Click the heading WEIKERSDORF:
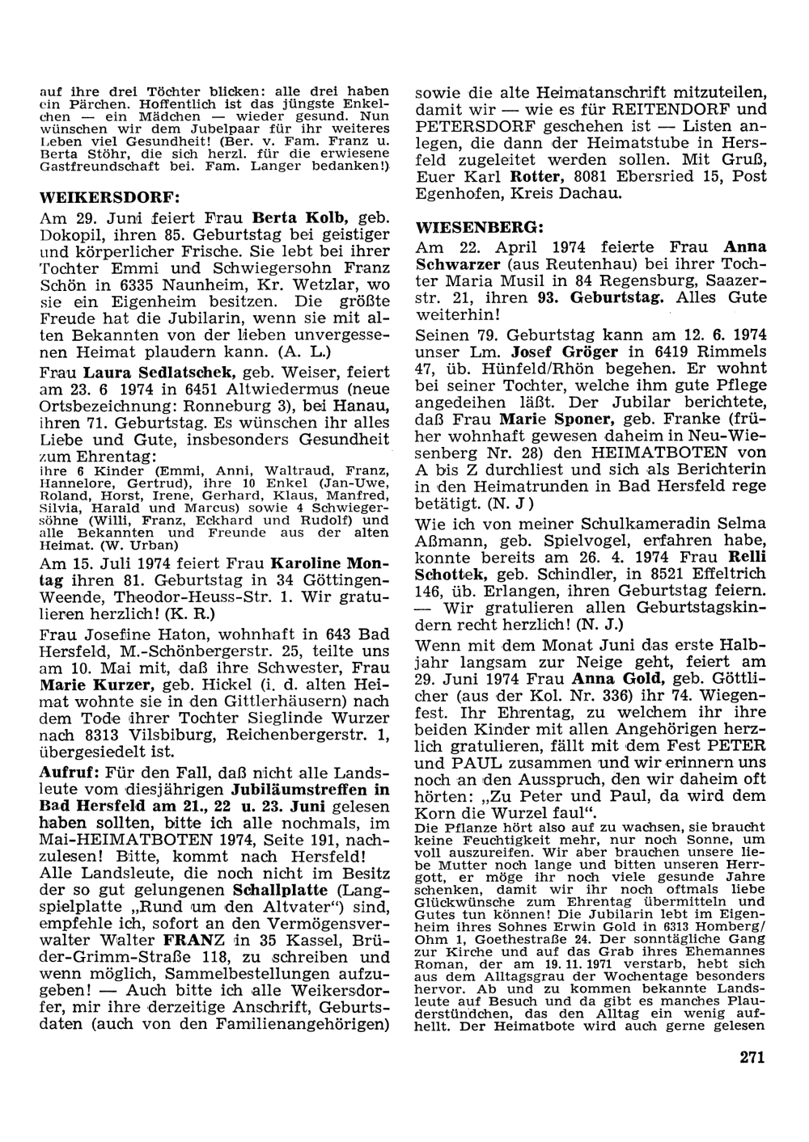[109, 196]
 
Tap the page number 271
[752, 1058]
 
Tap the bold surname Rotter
[533, 176]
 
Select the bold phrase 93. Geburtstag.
[599, 297]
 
